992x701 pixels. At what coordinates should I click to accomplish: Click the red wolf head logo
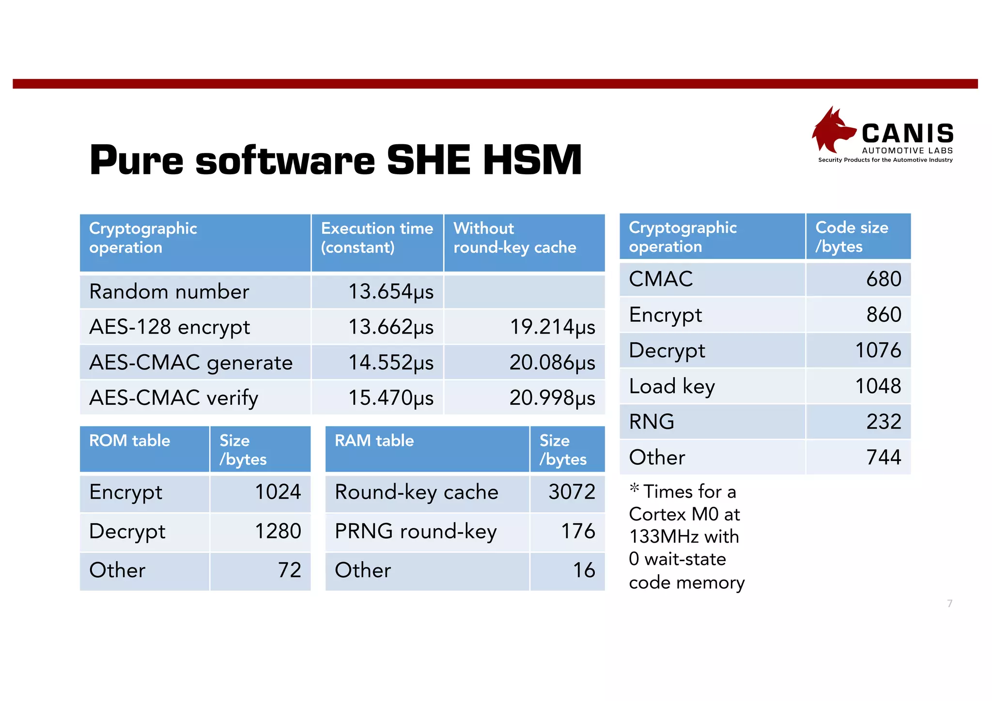tap(832, 130)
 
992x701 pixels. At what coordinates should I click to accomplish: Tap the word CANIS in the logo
tap(907, 133)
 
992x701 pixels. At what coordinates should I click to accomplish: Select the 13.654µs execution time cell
tap(391, 292)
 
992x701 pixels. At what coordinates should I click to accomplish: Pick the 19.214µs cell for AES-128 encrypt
tap(552, 327)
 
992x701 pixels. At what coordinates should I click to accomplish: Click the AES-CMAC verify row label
tap(174, 398)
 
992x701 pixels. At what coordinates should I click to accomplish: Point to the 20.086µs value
tap(552, 363)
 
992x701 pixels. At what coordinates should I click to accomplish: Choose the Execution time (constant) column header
tap(377, 238)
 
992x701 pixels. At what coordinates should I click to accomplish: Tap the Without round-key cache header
tap(514, 238)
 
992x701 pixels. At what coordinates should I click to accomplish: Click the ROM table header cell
tap(130, 441)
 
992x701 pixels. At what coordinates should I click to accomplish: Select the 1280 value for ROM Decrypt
tap(278, 531)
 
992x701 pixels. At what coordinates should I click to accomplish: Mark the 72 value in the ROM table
tap(289, 570)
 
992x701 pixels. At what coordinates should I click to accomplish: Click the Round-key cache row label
tap(417, 492)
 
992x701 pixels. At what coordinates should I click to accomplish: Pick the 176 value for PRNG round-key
tap(578, 531)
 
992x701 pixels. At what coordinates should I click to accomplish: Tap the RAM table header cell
tap(374, 441)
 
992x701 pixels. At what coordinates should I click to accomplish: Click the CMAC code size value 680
tap(883, 279)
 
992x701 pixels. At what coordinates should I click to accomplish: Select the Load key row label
tap(672, 386)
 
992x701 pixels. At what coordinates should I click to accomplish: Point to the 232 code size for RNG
tap(883, 422)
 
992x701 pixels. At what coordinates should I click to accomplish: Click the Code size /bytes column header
tap(852, 237)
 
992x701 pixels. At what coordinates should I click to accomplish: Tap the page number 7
tap(950, 603)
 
